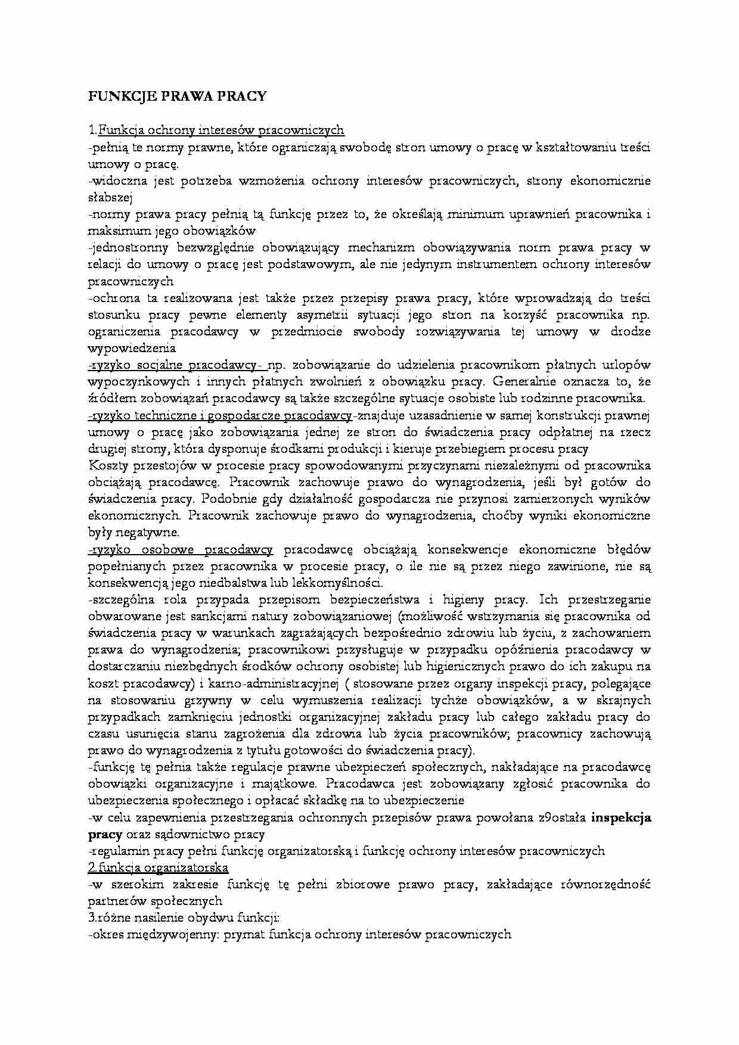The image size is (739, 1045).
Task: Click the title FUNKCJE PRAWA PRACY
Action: pyautogui.click(x=177, y=97)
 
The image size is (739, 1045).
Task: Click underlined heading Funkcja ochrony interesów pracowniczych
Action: pyautogui.click(x=221, y=130)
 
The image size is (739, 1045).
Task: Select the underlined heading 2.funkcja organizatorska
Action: pyautogui.click(x=158, y=867)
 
